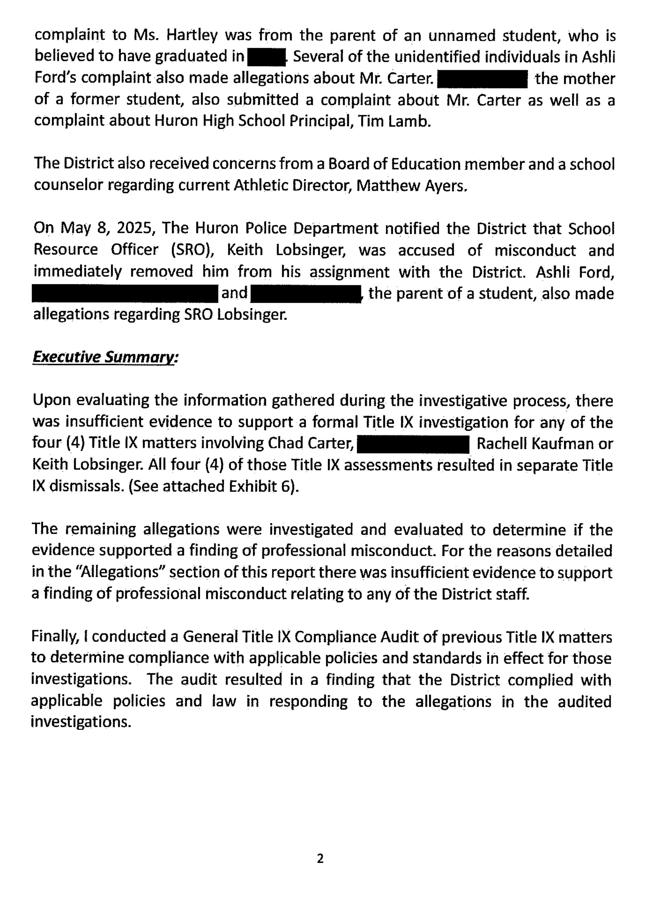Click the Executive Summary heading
click(x=105, y=357)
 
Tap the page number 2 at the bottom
click(x=321, y=859)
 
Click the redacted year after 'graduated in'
click(x=266, y=57)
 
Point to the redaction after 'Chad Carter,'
click(x=413, y=445)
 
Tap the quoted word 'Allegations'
click(x=136, y=573)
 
